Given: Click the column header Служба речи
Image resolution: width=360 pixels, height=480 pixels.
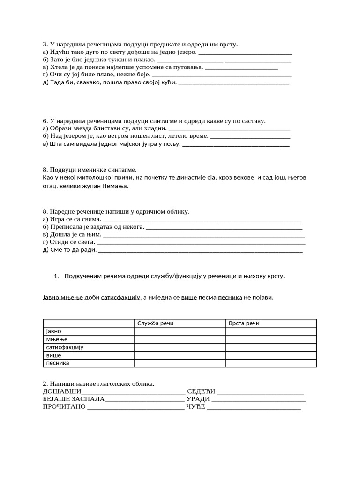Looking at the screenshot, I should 156,323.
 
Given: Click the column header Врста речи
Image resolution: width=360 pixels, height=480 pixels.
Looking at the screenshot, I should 244,323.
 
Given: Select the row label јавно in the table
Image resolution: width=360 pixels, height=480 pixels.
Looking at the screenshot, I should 53,331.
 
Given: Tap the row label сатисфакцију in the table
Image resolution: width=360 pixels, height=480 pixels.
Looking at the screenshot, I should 64,347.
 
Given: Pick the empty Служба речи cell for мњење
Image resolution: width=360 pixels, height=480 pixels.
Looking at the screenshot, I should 180,339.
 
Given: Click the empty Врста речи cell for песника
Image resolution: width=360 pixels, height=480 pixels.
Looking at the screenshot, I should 271,363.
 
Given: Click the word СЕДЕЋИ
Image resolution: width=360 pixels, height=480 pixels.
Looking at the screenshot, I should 201,391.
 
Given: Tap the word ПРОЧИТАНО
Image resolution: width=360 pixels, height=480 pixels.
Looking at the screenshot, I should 64,407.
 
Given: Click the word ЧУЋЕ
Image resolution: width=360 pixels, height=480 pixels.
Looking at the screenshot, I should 196,407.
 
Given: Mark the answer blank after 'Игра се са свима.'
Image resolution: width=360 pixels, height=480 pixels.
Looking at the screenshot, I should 201,220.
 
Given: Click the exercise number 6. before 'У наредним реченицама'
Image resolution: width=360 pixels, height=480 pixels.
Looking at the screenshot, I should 45,121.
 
